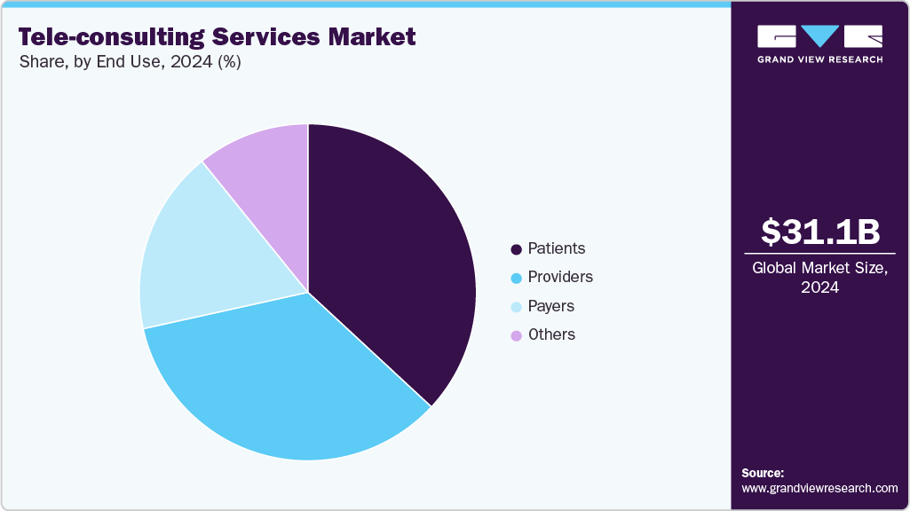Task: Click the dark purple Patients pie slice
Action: pyautogui.click(x=391, y=257)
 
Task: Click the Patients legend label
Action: pyautogui.click(x=556, y=248)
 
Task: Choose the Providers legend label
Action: pyautogui.click(x=559, y=277)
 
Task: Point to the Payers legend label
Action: pyautogui.click(x=550, y=306)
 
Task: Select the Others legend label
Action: pyautogui.click(x=551, y=334)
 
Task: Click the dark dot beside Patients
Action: pyautogui.click(x=516, y=249)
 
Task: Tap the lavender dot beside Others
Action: pyautogui.click(x=516, y=335)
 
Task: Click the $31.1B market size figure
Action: pyautogui.click(x=820, y=232)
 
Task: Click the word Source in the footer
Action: pyautogui.click(x=762, y=474)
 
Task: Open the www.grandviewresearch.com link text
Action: pyautogui.click(x=819, y=488)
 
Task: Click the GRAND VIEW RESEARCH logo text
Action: pyautogui.click(x=819, y=59)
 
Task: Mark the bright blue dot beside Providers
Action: pyautogui.click(x=516, y=278)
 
